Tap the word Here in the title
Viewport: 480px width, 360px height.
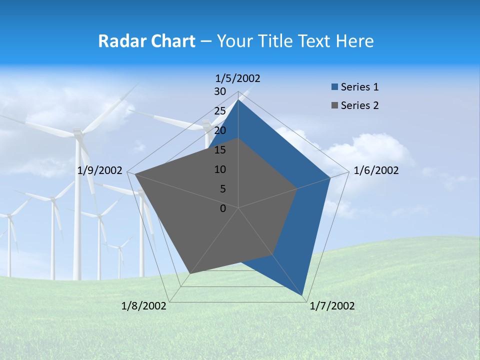pos(355,41)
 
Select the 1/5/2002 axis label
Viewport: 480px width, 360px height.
pos(238,78)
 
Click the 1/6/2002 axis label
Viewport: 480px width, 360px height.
pos(376,170)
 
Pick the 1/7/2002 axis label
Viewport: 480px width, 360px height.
pos(332,306)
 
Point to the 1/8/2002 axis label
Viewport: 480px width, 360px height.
pos(144,306)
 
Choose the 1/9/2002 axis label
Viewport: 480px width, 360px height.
pos(100,170)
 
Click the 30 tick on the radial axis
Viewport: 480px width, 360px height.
pos(220,91)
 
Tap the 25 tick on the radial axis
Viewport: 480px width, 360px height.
pos(220,111)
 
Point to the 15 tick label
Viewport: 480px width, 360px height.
pos(220,150)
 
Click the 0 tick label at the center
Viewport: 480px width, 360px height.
pos(223,208)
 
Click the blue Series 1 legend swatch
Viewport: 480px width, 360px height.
pos(334,87)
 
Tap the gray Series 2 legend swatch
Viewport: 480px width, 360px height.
pos(334,105)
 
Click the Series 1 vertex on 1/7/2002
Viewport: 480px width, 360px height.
pos(302,295)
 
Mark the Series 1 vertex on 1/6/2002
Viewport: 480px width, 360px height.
pos(330,177)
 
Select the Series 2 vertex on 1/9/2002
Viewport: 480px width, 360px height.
pos(135,174)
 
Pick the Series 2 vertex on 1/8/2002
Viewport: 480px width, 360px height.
pos(189,274)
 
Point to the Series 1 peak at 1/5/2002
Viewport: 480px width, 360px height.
pos(238,100)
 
